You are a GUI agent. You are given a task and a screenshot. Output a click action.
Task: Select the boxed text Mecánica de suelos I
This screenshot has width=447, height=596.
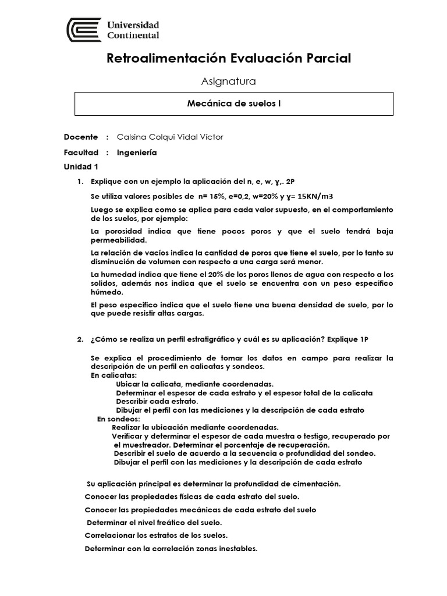[234, 103]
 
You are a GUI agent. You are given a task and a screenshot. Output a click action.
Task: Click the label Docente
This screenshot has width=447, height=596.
[81, 137]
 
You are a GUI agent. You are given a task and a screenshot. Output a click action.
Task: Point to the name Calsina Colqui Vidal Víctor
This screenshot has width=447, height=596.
[170, 137]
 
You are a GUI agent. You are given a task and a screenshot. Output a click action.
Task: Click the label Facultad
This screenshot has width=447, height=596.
[81, 152]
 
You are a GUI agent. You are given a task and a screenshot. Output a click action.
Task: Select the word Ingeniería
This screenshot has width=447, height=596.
[137, 152]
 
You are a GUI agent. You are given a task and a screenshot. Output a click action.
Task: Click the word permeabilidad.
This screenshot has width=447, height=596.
[119, 240]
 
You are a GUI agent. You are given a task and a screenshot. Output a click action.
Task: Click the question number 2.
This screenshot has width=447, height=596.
[80, 339]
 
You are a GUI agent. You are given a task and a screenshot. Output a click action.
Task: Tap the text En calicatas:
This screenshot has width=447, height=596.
[113, 376]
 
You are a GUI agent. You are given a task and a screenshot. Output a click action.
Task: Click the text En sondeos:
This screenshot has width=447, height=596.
[118, 418]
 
